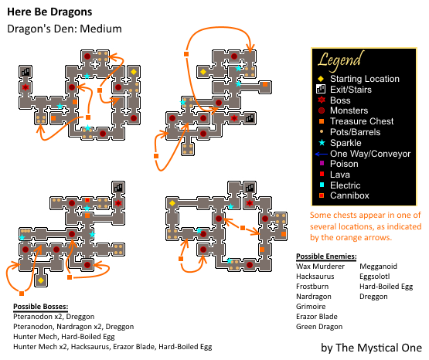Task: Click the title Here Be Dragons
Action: [49, 12]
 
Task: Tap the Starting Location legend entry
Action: [364, 79]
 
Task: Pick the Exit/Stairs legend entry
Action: [351, 90]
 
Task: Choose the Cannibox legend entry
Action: [349, 195]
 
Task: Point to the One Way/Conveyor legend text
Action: [370, 154]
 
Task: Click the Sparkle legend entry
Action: [346, 143]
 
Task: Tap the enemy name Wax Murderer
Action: [320, 267]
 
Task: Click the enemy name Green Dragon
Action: [319, 327]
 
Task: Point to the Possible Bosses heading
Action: [40, 307]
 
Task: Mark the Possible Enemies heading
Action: [326, 256]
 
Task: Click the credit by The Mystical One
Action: [371, 348]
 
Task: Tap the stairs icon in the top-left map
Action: [26, 72]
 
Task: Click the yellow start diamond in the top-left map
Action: [134, 72]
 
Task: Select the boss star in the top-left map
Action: [26, 87]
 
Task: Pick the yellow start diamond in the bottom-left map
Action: [41, 280]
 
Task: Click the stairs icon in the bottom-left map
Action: [118, 188]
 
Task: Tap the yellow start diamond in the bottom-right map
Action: [172, 203]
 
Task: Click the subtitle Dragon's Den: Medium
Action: [64, 29]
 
